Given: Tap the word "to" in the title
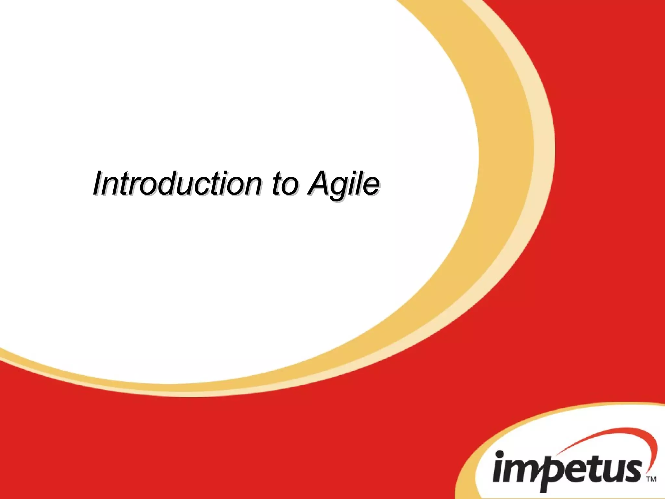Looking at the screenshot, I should [x=284, y=184].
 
